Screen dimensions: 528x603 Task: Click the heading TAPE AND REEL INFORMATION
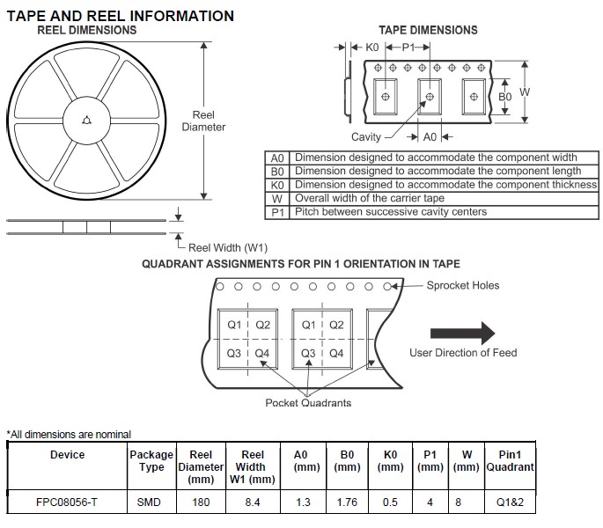point(121,16)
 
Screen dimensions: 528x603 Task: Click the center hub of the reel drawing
point(85,122)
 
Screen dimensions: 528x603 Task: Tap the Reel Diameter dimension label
point(203,121)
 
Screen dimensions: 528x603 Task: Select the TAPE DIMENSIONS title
point(428,30)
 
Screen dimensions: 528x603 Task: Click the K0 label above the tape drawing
point(372,47)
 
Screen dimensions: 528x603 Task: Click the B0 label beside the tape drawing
point(504,97)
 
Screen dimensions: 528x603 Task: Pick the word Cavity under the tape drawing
point(366,137)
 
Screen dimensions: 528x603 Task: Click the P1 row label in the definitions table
point(277,212)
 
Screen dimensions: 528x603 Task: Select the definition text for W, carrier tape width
point(370,199)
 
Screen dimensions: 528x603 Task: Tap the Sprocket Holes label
point(463,285)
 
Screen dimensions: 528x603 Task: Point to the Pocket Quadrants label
point(308,403)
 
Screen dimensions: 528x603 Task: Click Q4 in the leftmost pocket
point(261,353)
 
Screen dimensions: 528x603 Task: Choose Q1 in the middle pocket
point(308,325)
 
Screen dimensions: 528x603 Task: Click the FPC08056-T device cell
point(67,502)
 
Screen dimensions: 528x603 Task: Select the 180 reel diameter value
point(202,502)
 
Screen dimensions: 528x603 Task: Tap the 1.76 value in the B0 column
point(347,502)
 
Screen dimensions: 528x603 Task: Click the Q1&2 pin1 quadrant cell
point(511,502)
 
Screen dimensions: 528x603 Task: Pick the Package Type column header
point(151,461)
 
